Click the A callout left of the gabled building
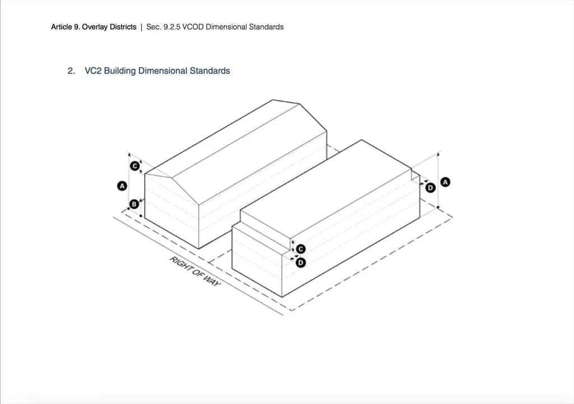122,186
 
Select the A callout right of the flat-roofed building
445,182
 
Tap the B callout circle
135,204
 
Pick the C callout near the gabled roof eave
135,166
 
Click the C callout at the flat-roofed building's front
300,249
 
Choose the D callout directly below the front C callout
300,263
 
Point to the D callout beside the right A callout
430,188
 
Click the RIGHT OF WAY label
195,271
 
